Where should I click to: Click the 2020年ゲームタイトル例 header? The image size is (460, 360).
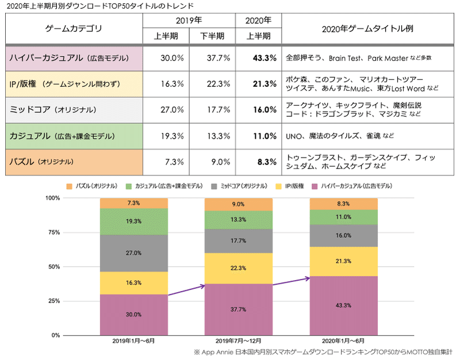coord(368,28)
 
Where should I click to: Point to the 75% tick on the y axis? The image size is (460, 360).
coord(52,232)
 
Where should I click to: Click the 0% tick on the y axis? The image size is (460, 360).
coord(55,335)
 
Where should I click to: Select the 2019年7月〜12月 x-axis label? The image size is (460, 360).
coord(239,342)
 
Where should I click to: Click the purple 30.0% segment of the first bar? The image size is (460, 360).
coord(133,315)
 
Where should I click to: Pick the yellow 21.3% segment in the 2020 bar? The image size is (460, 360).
coord(344,262)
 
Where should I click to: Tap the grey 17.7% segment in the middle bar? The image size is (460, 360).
coord(239,241)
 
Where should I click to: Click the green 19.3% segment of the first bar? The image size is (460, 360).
coord(133,221)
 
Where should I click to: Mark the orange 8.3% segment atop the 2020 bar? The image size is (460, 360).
coord(344,204)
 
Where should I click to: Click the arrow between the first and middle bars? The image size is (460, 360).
coord(186,290)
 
